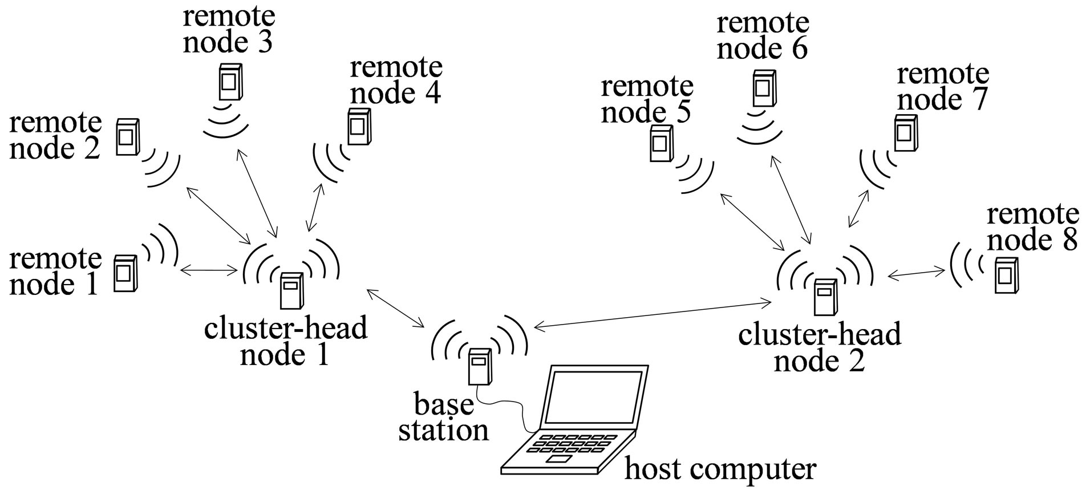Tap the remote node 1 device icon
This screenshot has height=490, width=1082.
125,274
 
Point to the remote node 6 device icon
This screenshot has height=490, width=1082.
763,88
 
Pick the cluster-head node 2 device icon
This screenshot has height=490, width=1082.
825,297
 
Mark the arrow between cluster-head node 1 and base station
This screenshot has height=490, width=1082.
395,308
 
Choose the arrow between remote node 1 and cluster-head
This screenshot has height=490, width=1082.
208,269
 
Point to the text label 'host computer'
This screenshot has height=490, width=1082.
720,469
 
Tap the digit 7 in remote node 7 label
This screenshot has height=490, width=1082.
976,99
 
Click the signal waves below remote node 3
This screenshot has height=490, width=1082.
226,120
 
